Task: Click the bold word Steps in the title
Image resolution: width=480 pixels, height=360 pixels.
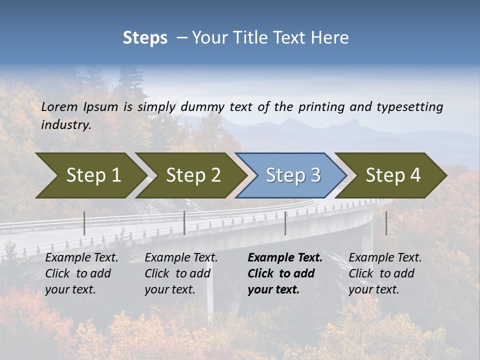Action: (145, 37)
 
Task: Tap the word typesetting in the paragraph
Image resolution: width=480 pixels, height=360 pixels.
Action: (409, 107)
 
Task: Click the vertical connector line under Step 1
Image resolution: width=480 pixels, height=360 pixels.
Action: (84, 223)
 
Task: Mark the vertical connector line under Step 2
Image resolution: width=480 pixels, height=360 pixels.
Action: (184, 223)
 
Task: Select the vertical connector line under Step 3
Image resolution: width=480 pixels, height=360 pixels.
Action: (285, 223)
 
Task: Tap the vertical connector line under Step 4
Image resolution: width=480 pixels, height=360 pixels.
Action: (386, 223)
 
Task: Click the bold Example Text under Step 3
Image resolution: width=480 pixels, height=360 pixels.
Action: (285, 258)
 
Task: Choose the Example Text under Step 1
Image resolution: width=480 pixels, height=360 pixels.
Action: (82, 258)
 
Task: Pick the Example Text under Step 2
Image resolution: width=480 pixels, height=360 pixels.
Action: (181, 258)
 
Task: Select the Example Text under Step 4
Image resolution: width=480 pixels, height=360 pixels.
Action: (385, 258)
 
